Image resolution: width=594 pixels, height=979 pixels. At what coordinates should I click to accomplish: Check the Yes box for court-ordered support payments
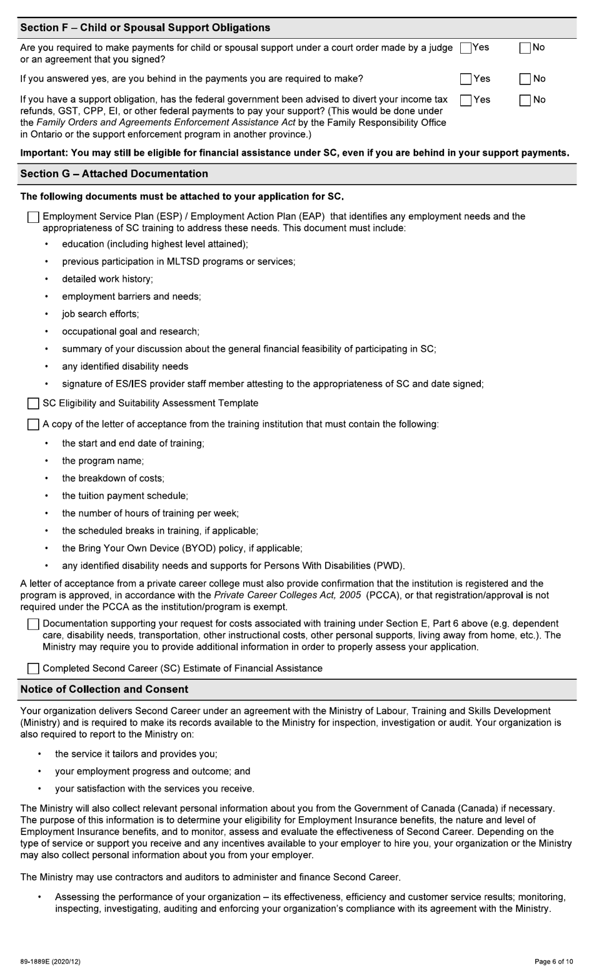pyautogui.click(x=465, y=48)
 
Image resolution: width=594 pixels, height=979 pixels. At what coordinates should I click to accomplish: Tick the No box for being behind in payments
pyautogui.click(x=525, y=79)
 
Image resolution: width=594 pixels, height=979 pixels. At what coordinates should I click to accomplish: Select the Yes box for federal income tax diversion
pyautogui.click(x=465, y=100)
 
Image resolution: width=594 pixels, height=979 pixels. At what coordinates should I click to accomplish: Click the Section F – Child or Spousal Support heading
pyautogui.click(x=145, y=28)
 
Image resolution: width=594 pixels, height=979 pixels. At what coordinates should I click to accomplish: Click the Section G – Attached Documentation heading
pyautogui.click(x=114, y=173)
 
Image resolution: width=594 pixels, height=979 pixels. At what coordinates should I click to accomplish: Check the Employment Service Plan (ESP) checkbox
pyautogui.click(x=33, y=217)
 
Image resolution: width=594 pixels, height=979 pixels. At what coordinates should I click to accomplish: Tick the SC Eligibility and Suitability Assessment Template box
pyautogui.click(x=33, y=404)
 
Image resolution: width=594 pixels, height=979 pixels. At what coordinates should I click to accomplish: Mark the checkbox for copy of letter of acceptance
pyautogui.click(x=33, y=425)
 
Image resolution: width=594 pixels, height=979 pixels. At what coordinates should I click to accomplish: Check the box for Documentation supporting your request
pyautogui.click(x=33, y=625)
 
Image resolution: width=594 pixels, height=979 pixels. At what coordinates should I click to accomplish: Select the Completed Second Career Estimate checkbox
pyautogui.click(x=33, y=669)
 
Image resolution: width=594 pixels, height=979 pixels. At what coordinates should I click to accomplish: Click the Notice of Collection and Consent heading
pyautogui.click(x=104, y=689)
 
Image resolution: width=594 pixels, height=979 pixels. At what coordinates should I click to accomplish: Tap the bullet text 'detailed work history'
pyautogui.click(x=107, y=279)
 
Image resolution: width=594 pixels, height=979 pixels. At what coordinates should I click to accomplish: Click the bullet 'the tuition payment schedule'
pyautogui.click(x=124, y=496)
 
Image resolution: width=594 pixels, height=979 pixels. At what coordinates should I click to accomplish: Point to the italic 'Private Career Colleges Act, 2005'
pyautogui.click(x=287, y=595)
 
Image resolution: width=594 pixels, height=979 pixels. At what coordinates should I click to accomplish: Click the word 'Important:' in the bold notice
pyautogui.click(x=44, y=153)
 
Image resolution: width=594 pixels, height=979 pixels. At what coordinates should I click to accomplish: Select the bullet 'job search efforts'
pyautogui.click(x=100, y=314)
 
